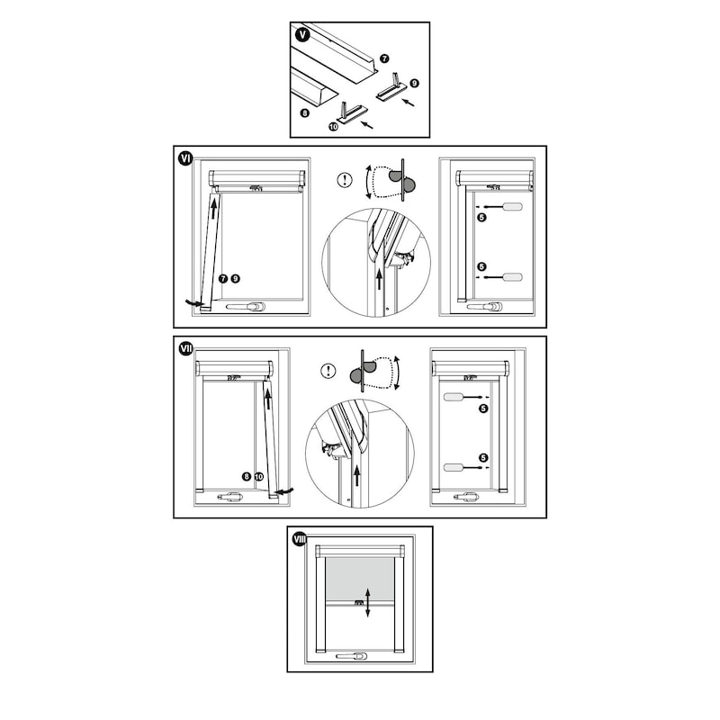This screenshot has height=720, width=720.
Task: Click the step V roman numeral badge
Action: point(302,34)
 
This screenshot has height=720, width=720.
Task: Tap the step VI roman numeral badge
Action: point(186,159)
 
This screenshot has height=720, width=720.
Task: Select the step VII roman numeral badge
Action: point(186,349)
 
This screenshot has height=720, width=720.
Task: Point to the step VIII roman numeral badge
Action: point(300,539)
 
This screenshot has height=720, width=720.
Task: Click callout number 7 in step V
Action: point(384,58)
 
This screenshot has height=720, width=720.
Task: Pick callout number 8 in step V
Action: point(304,112)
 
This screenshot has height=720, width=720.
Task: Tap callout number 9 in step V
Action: point(414,83)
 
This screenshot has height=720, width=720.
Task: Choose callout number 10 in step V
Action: point(333,125)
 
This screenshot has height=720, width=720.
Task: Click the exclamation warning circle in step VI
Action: point(345,179)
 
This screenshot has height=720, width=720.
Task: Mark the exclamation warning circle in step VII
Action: point(328,371)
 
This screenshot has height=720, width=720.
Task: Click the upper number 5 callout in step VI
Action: point(481,217)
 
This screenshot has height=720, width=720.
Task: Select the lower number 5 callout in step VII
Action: point(483,458)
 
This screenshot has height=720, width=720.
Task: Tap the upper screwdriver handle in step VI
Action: point(512,207)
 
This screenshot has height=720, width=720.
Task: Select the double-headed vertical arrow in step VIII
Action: point(368,602)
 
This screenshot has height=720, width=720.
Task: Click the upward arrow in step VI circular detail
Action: point(379,279)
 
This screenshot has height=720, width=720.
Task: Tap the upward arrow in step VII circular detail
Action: point(356,476)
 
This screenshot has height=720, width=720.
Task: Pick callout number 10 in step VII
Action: point(259,477)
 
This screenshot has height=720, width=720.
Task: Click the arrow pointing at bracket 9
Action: point(408,102)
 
